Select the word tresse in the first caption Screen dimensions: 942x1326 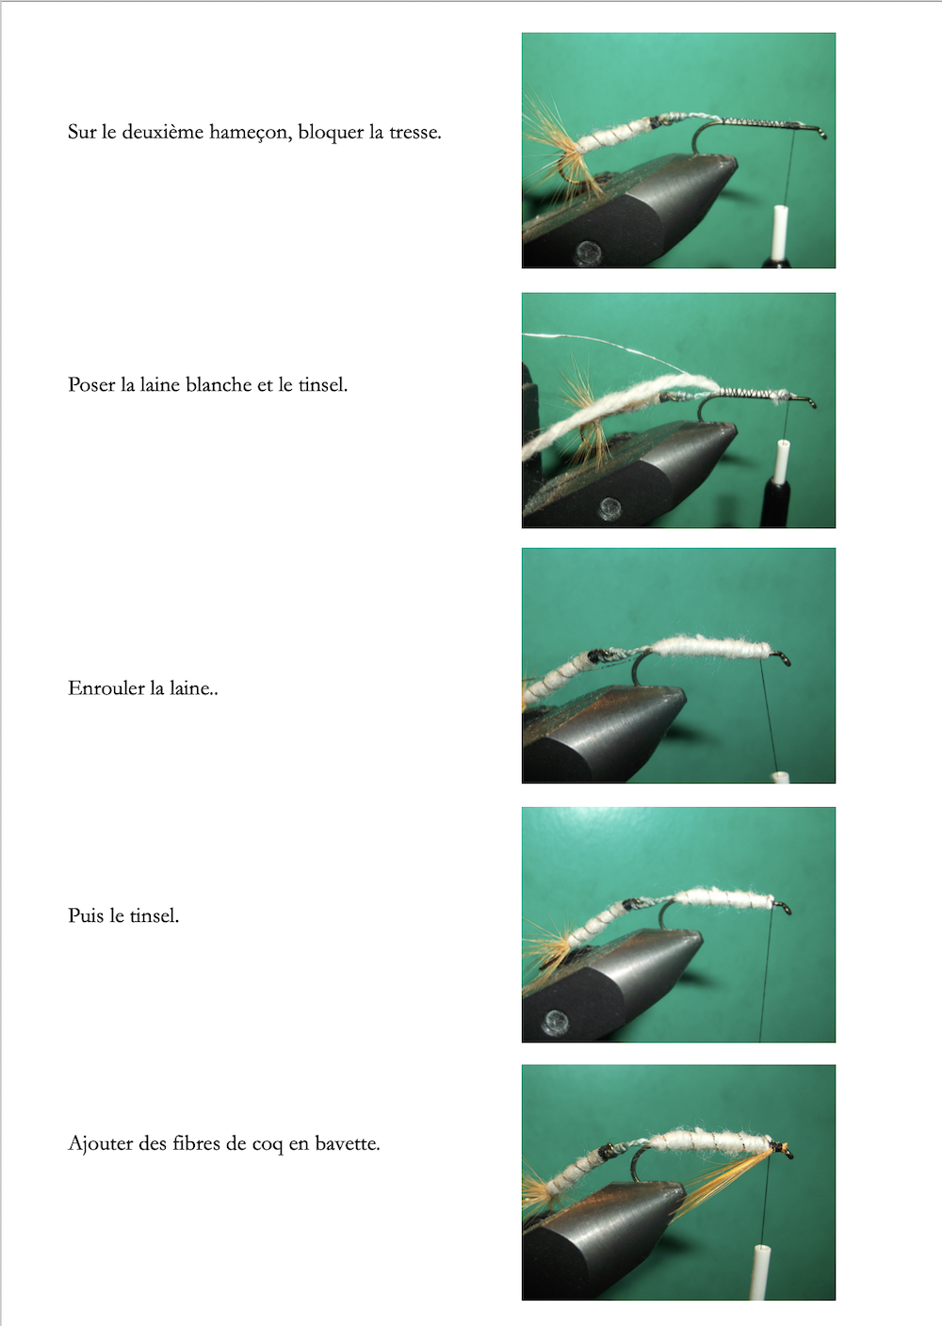(x=415, y=132)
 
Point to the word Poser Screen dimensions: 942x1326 (x=91, y=385)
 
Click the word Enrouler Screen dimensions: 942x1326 (x=106, y=687)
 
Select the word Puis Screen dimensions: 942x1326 (x=87, y=915)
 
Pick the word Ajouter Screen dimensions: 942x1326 (x=101, y=1143)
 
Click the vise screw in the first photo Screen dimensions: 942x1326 (x=589, y=251)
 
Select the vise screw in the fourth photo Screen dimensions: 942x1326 (x=556, y=1020)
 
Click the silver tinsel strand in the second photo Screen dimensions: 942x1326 (x=609, y=345)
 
